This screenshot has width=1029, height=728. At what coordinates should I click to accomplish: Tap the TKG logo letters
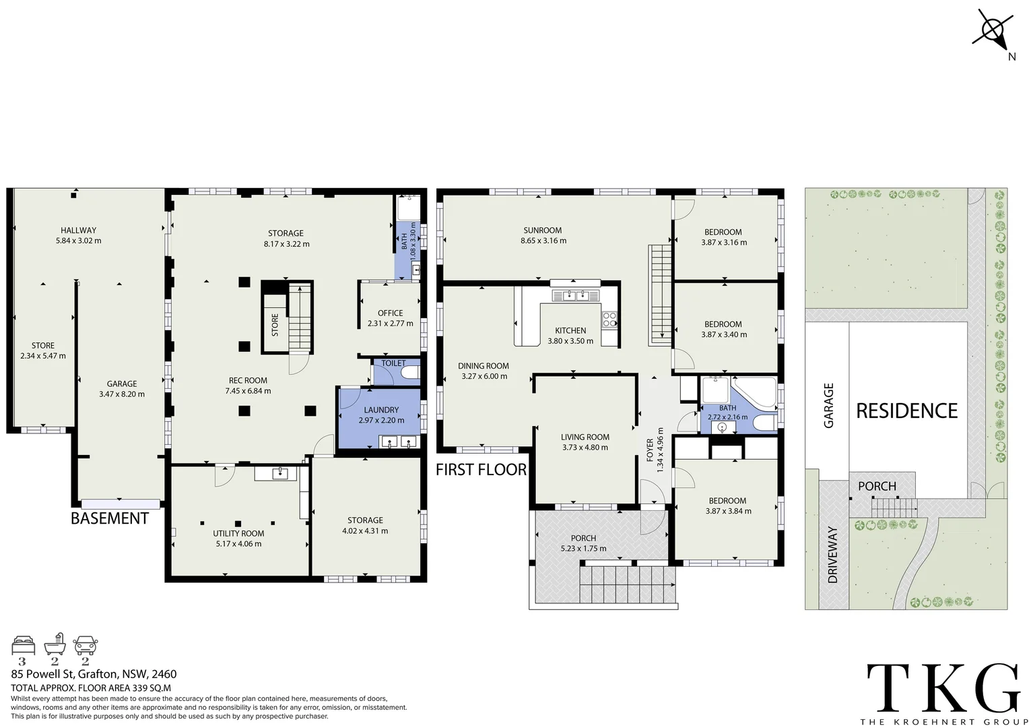(x=943, y=686)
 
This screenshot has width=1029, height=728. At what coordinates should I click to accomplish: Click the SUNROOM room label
(x=542, y=231)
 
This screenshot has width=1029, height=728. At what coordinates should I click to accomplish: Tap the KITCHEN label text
(x=570, y=330)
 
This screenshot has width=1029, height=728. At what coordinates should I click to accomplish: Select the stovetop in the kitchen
(x=609, y=319)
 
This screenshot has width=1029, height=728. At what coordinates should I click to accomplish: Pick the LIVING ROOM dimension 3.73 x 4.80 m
(x=585, y=448)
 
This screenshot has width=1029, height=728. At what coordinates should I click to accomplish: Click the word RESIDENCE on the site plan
(x=906, y=411)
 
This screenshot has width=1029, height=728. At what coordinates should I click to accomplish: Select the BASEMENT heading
(x=110, y=518)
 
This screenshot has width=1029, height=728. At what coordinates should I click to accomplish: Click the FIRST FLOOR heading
(x=481, y=470)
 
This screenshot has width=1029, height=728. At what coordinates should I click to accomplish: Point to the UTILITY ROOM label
(x=238, y=533)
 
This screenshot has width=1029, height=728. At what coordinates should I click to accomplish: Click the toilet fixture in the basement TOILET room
(x=409, y=373)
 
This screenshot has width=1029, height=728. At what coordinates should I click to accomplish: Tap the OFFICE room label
(x=390, y=313)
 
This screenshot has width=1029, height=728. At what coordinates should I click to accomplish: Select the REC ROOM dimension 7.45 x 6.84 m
(x=248, y=391)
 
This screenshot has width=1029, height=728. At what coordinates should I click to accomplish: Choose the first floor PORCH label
(x=583, y=538)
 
